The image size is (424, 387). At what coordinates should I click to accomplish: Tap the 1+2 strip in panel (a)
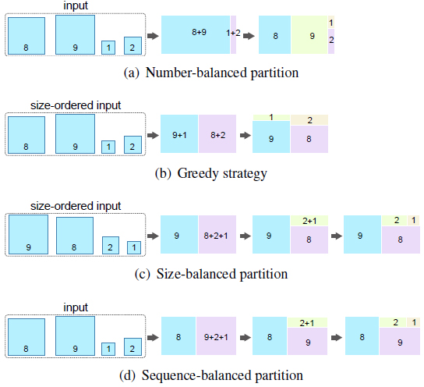point(234,34)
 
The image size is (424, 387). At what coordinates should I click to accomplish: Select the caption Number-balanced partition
point(211,73)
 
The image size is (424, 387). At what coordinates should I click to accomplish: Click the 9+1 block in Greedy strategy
point(178,134)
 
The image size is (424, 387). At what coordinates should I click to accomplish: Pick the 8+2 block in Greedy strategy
point(217,134)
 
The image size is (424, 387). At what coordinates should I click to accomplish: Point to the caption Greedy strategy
point(211,173)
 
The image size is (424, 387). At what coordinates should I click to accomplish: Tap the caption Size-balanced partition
point(211,274)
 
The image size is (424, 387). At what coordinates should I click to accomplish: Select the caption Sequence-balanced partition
point(211,375)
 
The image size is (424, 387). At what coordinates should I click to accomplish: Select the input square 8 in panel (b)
point(27,135)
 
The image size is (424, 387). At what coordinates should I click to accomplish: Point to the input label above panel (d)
point(75,307)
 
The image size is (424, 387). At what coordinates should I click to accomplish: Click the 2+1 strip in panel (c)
point(310,220)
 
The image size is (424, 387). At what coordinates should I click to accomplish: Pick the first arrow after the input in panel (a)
point(153,35)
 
